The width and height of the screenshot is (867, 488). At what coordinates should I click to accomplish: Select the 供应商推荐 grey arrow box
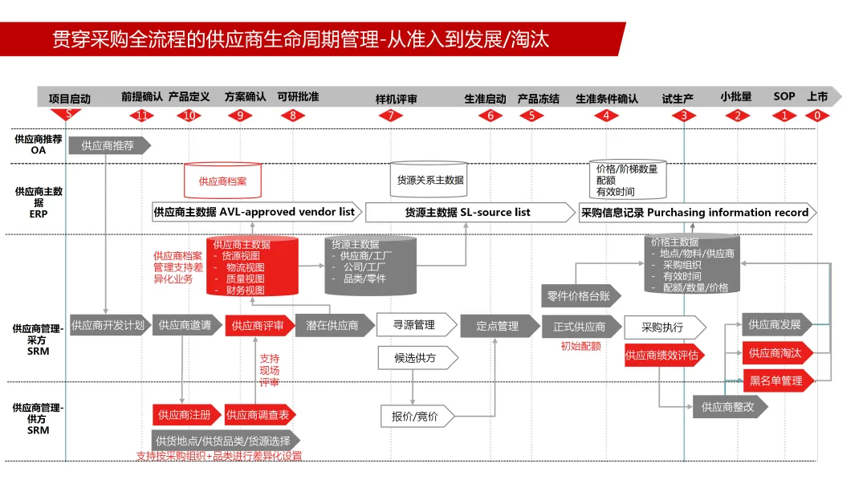(108, 145)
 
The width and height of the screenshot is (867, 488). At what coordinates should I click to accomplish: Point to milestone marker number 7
(391, 116)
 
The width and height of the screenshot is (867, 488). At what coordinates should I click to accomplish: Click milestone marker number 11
(142, 116)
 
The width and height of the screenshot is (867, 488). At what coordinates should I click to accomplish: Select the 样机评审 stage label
(397, 99)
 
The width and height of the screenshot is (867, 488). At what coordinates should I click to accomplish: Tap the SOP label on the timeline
(784, 96)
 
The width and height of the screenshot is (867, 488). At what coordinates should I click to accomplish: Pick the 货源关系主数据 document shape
(430, 180)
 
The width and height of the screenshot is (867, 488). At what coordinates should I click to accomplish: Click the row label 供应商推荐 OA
(39, 144)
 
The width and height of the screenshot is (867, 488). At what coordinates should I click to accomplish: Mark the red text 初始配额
(580, 347)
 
